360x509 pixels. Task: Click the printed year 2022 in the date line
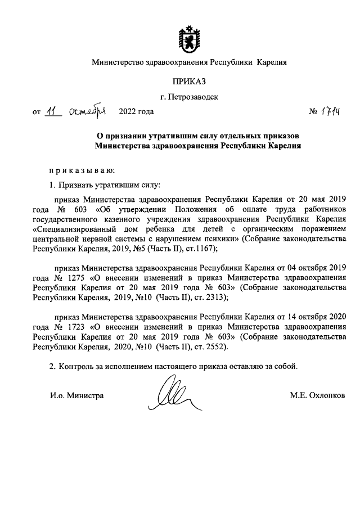point(128,111)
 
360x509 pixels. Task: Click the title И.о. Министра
point(76,395)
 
